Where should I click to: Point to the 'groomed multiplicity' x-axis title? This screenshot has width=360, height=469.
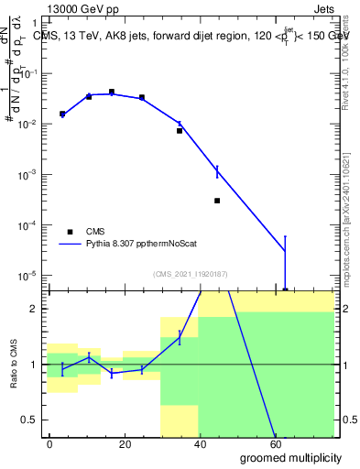(292, 456)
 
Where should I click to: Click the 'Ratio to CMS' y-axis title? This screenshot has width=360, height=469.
(14, 364)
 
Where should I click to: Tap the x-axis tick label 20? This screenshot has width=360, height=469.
(139, 442)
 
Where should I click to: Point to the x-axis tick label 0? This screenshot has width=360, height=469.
(49, 442)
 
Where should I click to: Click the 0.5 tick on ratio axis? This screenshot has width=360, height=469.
(27, 420)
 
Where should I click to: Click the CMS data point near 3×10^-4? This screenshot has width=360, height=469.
(217, 201)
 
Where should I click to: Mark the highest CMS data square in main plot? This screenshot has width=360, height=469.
(112, 92)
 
